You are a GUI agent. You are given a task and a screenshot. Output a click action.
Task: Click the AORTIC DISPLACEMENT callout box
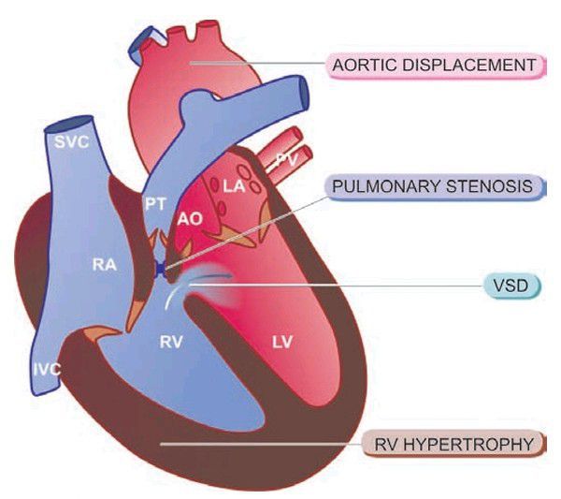(437, 66)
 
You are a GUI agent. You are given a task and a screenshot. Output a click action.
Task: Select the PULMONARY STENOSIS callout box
(436, 186)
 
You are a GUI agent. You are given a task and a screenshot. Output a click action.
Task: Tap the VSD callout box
(511, 286)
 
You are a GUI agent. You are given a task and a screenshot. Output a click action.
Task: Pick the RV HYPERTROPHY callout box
(454, 444)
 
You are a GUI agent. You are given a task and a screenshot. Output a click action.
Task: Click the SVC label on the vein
(72, 142)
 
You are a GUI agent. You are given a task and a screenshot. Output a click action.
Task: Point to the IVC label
(47, 369)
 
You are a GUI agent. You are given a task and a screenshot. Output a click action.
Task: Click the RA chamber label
(105, 264)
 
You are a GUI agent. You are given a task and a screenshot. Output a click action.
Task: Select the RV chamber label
(171, 342)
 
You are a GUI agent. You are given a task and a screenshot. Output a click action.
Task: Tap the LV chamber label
(282, 342)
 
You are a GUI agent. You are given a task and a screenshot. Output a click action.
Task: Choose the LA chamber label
(234, 186)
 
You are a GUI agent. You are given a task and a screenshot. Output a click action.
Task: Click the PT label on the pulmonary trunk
(155, 204)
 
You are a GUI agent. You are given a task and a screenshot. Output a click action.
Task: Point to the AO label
(191, 219)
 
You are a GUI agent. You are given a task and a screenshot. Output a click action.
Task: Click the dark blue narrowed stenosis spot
(161, 269)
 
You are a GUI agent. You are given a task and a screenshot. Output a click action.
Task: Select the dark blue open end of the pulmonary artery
(303, 92)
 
